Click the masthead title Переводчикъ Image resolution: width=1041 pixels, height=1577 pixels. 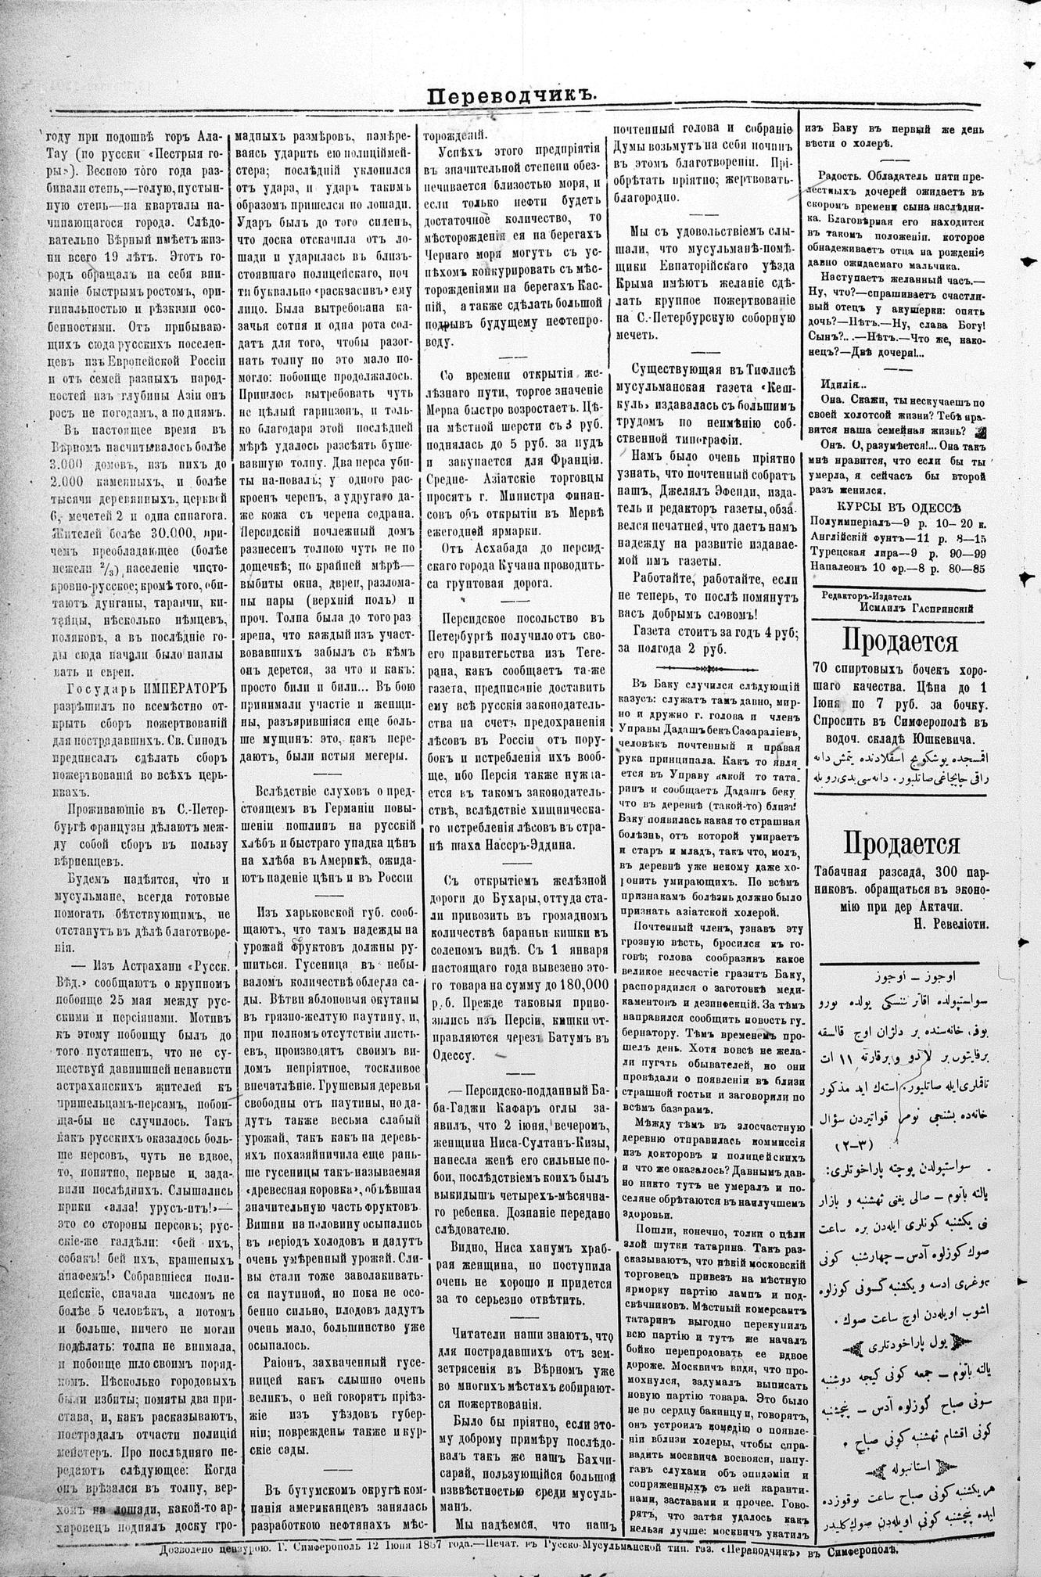(x=512, y=95)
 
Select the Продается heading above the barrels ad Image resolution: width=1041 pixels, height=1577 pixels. (x=899, y=642)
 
